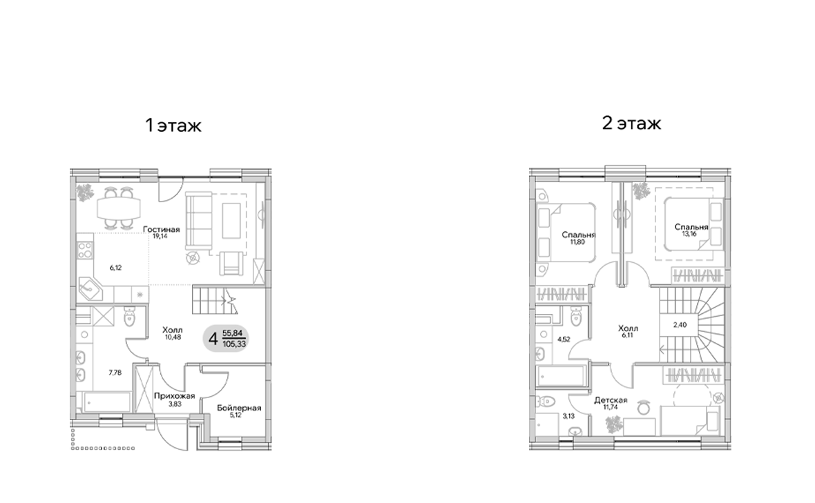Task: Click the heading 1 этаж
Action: [x=173, y=126]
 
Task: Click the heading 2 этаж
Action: [x=632, y=124]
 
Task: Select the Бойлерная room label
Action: [x=238, y=408]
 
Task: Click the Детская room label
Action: [x=611, y=400]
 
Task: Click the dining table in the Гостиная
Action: [x=117, y=206]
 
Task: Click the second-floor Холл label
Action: [x=629, y=328]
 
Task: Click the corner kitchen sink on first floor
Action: [x=90, y=287]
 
